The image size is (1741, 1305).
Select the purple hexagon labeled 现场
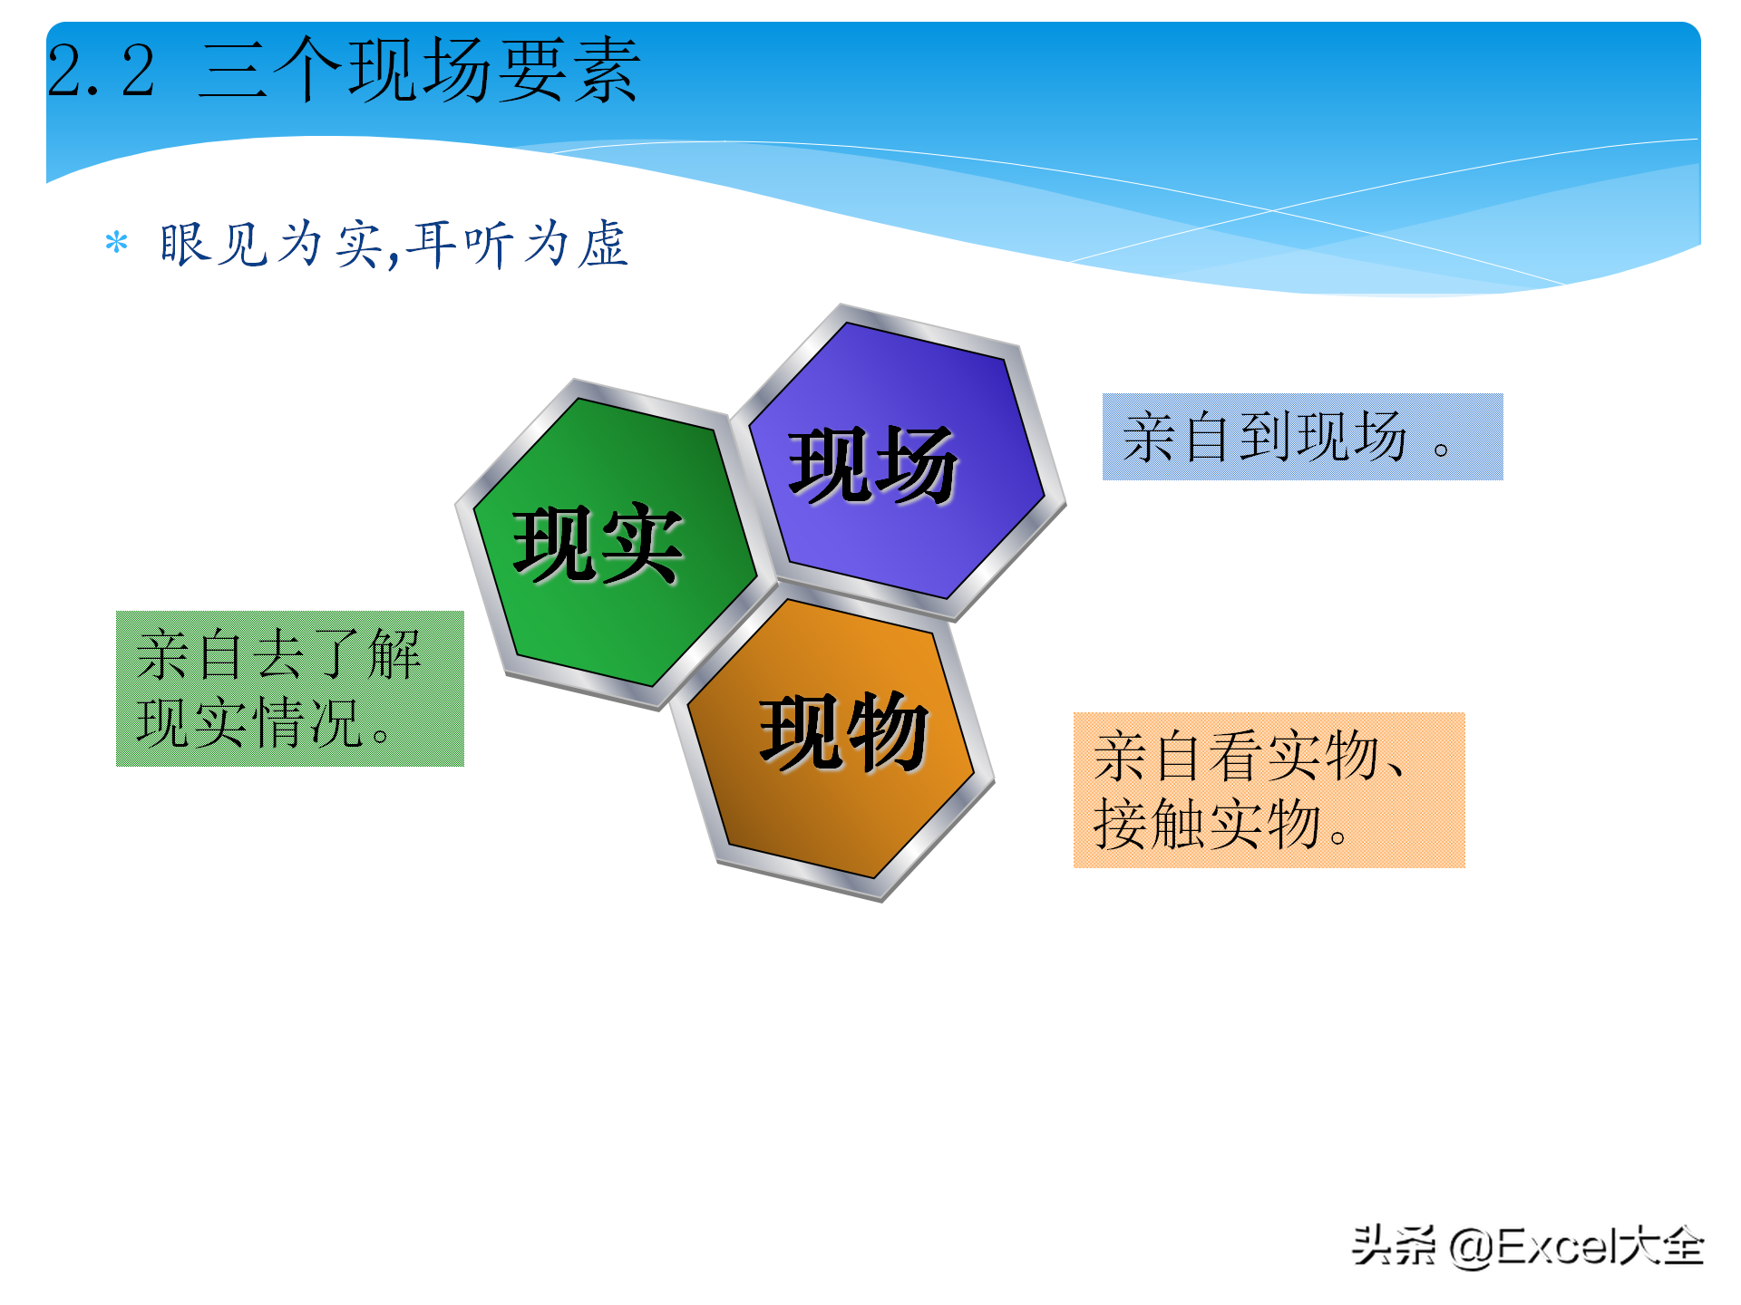[x=898, y=462]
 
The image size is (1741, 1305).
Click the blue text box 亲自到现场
[x=1302, y=437]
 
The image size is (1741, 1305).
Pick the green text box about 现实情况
[x=290, y=689]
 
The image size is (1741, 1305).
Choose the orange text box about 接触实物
[x=1269, y=790]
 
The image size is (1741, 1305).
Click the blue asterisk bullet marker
[x=116, y=243]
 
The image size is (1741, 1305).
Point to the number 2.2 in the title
[x=102, y=71]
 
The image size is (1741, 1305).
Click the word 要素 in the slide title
[x=568, y=71]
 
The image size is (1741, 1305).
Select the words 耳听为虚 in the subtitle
[x=517, y=245]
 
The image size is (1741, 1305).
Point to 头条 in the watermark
[x=1394, y=1245]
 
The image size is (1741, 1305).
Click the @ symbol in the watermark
[x=1471, y=1247]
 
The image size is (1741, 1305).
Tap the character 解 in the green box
[x=395, y=654]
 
